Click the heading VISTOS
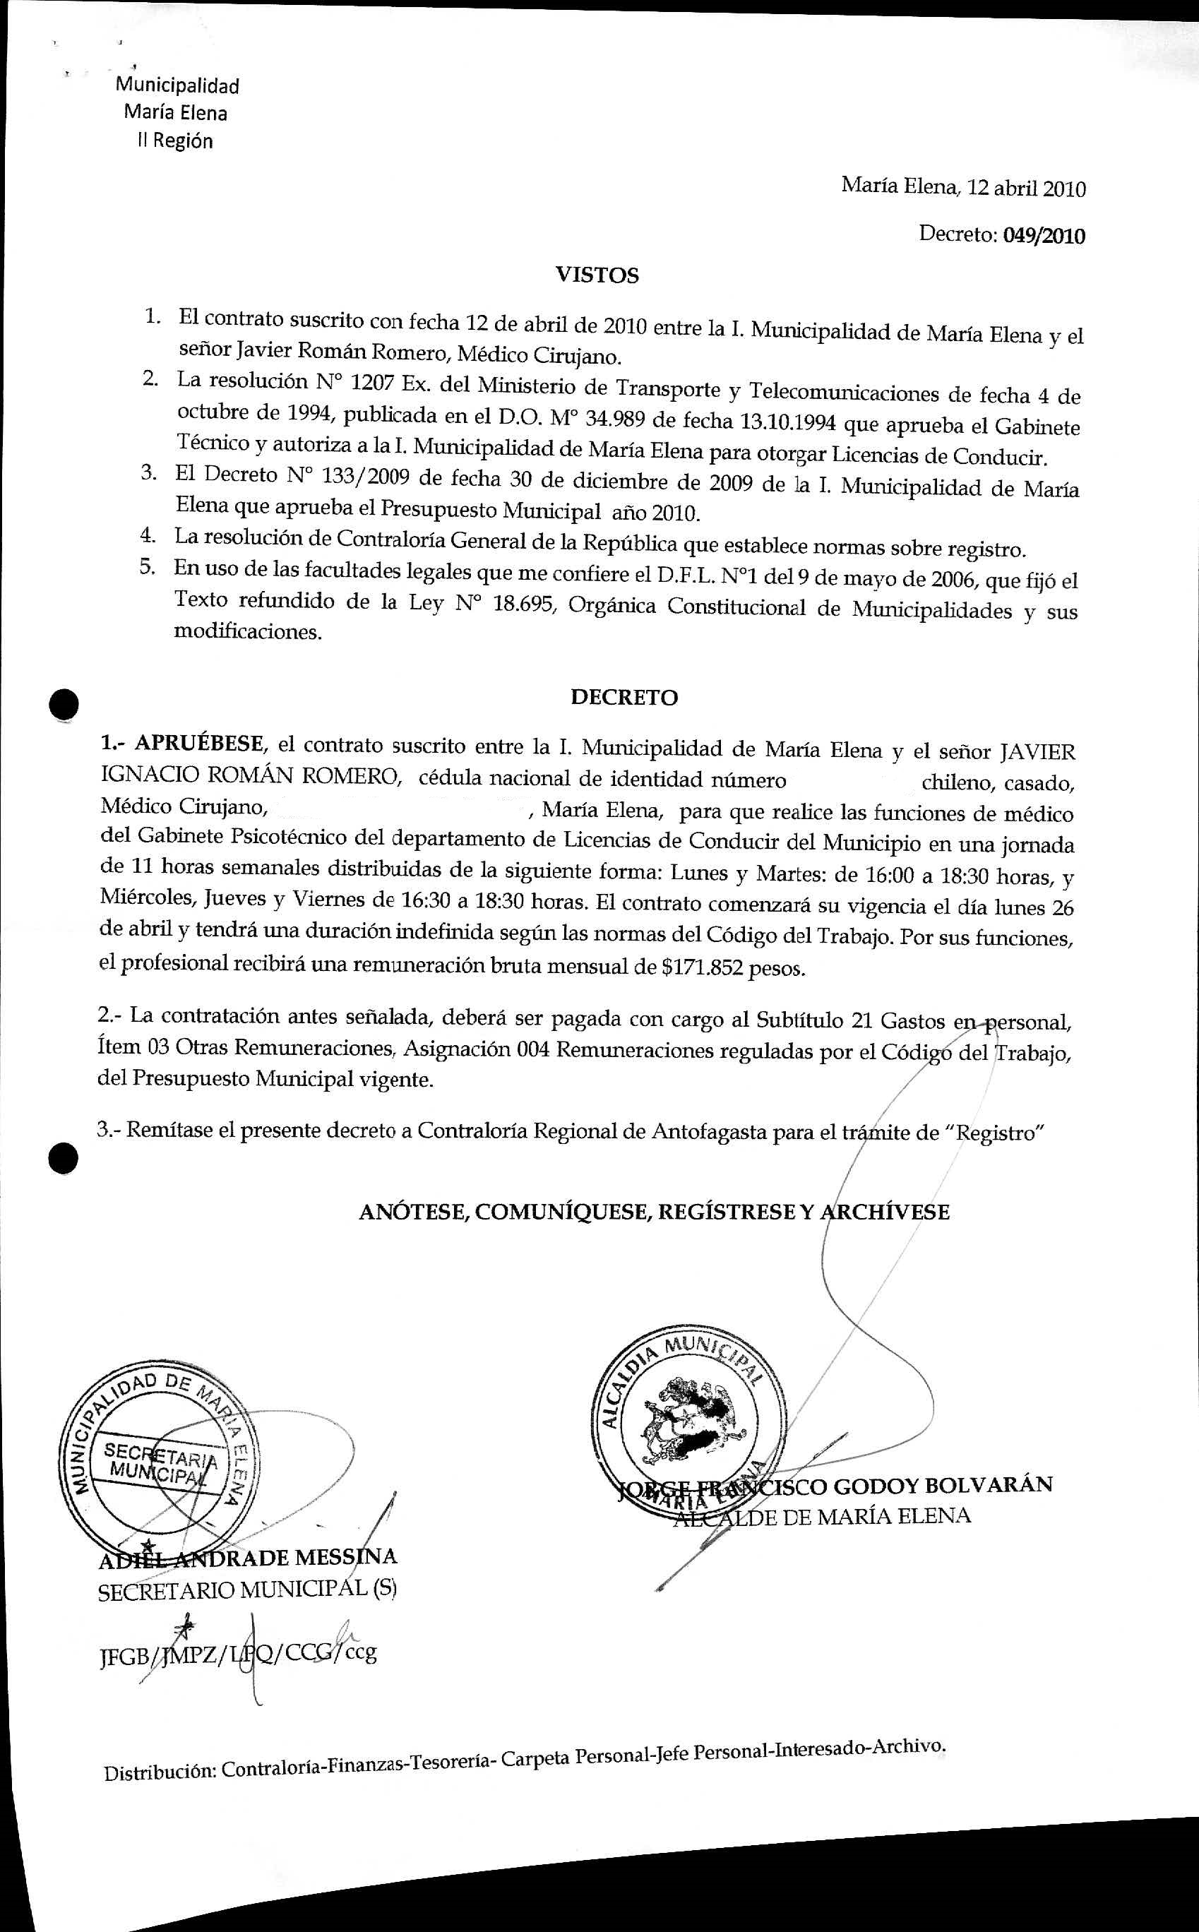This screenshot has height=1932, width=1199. [597, 275]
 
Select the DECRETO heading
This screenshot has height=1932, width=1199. [624, 697]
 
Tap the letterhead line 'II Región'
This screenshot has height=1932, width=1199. [176, 141]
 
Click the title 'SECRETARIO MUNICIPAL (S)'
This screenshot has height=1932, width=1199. [247, 1589]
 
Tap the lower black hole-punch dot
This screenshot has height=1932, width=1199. [63, 1159]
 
